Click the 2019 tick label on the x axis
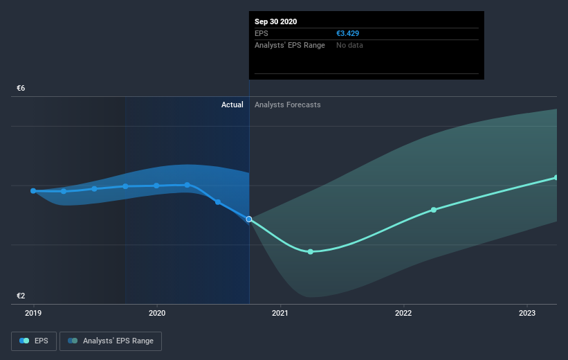[33, 313]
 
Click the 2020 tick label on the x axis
[157, 313]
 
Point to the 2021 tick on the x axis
[280, 313]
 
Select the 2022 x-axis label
[403, 313]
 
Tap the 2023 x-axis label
[527, 313]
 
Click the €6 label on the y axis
[21, 89]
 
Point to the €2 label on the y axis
[21, 296]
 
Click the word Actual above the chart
[232, 105]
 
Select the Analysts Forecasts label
[288, 105]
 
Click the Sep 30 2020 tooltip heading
[276, 21]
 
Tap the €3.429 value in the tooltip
[347, 33]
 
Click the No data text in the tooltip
[349, 45]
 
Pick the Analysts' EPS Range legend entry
[111, 341]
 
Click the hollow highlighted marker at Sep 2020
[249, 219]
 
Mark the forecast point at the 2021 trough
[311, 251]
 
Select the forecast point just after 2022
[434, 210]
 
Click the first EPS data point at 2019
[33, 190]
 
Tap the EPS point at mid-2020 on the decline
[218, 202]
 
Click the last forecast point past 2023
[556, 178]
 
